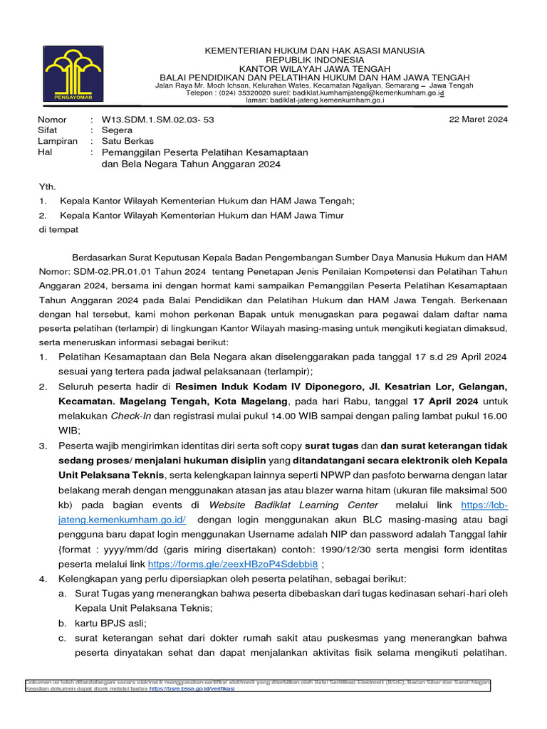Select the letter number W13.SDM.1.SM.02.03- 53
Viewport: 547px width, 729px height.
point(157,120)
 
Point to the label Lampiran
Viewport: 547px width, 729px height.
point(58,141)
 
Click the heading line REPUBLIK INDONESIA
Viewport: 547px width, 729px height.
point(313,60)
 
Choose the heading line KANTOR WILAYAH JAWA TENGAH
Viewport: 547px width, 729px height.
point(313,68)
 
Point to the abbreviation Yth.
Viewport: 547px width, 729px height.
point(46,186)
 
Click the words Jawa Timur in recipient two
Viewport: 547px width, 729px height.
point(320,215)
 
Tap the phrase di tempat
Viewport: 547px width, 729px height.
point(58,230)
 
